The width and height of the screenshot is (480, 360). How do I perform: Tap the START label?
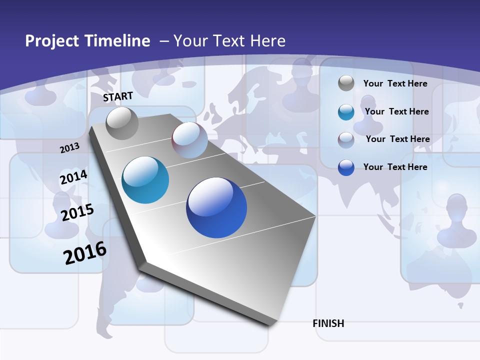point(118,96)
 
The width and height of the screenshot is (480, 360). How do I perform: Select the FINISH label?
point(328,323)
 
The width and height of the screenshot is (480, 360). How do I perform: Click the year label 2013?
point(69,147)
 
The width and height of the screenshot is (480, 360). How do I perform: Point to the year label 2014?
point(73,177)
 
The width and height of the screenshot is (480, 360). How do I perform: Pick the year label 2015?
point(77,212)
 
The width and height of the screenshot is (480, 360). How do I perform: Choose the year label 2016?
point(85,252)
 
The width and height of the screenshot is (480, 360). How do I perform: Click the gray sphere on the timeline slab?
point(122,123)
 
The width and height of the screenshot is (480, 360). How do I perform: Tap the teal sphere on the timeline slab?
point(145,180)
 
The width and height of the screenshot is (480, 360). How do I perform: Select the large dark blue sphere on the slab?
point(216,207)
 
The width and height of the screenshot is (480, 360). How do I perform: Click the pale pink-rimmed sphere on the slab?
point(189,140)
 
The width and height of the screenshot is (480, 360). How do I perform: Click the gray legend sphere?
point(346,83)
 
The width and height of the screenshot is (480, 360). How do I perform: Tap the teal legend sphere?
point(346,112)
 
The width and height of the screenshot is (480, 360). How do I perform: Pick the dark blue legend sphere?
point(346,167)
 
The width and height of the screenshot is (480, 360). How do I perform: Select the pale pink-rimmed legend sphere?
point(346,140)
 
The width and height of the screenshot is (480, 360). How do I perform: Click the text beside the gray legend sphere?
point(395,83)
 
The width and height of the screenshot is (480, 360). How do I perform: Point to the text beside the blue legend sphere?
point(395,167)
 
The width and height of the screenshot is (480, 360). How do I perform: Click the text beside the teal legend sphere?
point(396,111)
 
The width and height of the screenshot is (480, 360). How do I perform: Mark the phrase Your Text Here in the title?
point(229,41)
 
